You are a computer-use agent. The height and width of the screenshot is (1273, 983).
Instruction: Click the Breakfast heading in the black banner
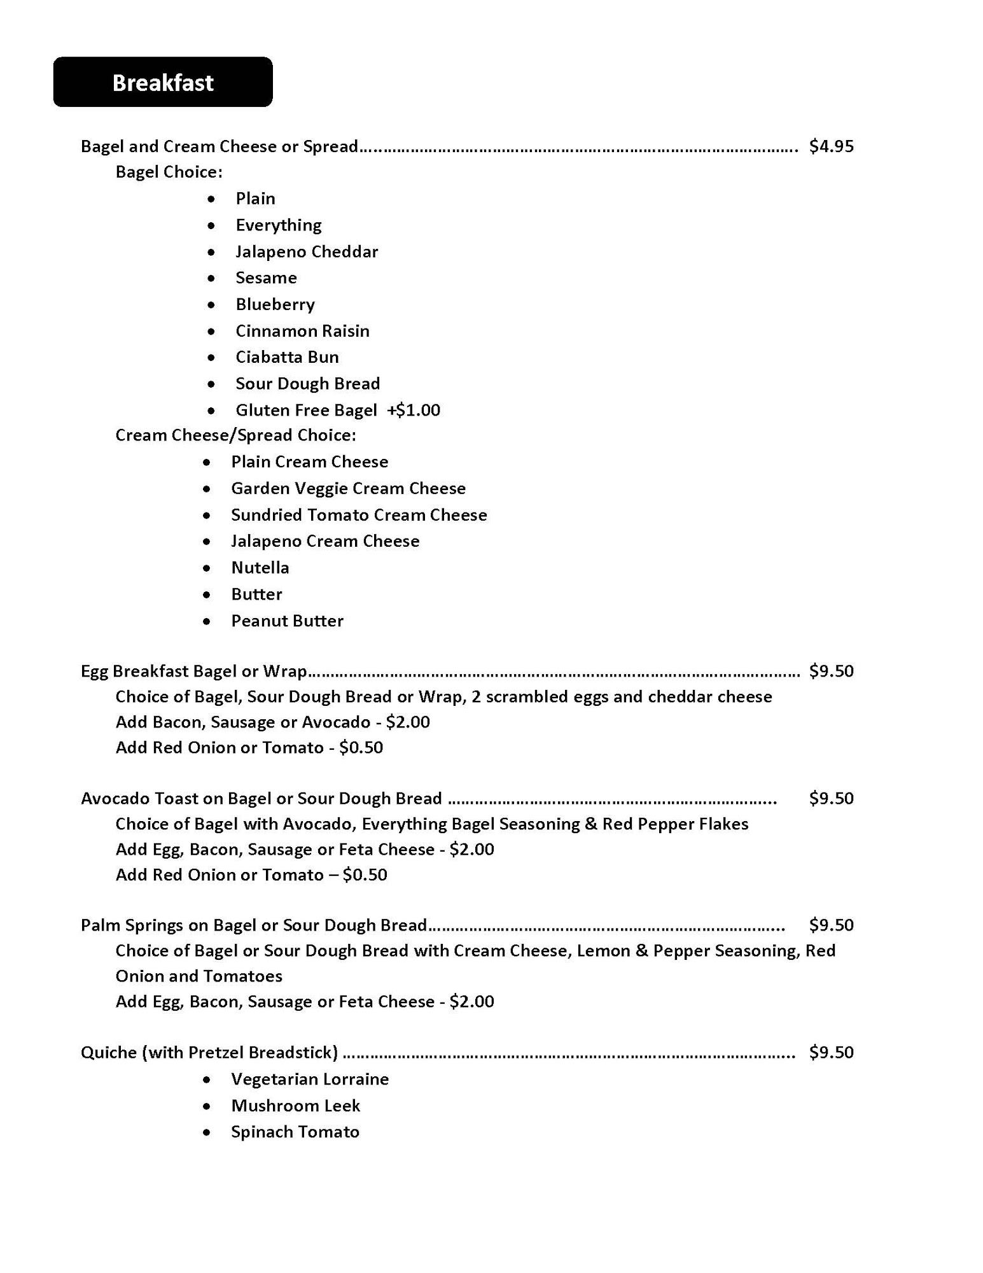point(163,83)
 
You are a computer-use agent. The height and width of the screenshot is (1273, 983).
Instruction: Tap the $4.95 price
point(831,146)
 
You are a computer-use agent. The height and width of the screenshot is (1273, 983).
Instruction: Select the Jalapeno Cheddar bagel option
point(307,251)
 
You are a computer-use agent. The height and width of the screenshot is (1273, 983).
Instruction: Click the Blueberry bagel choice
point(275,304)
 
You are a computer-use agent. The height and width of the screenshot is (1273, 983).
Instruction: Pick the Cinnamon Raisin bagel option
point(302,331)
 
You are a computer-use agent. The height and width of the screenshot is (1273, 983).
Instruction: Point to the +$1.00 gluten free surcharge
point(414,410)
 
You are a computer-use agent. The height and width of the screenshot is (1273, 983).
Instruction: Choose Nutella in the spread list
point(260,568)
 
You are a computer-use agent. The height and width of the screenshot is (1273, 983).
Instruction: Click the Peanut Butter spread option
point(287,621)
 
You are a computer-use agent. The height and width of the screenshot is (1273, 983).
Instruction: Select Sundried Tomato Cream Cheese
point(359,515)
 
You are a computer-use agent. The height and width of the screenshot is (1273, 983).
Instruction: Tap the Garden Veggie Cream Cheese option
point(348,488)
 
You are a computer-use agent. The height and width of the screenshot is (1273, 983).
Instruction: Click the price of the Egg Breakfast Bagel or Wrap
point(831,671)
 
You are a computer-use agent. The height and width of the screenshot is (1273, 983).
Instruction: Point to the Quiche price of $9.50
point(831,1052)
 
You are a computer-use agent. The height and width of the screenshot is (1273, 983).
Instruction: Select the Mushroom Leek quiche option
point(295,1106)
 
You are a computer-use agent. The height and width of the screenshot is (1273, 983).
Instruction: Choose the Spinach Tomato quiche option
point(295,1132)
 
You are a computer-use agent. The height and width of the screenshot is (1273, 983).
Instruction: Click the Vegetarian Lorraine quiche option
point(310,1079)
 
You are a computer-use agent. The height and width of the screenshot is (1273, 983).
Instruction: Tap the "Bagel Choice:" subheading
point(169,172)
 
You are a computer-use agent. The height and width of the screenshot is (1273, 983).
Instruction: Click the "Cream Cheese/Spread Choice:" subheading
point(235,435)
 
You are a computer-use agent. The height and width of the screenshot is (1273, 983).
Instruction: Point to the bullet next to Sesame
point(211,278)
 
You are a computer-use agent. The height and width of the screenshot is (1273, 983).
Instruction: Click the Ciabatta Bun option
point(287,357)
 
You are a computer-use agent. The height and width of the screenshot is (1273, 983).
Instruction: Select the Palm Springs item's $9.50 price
point(831,925)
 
